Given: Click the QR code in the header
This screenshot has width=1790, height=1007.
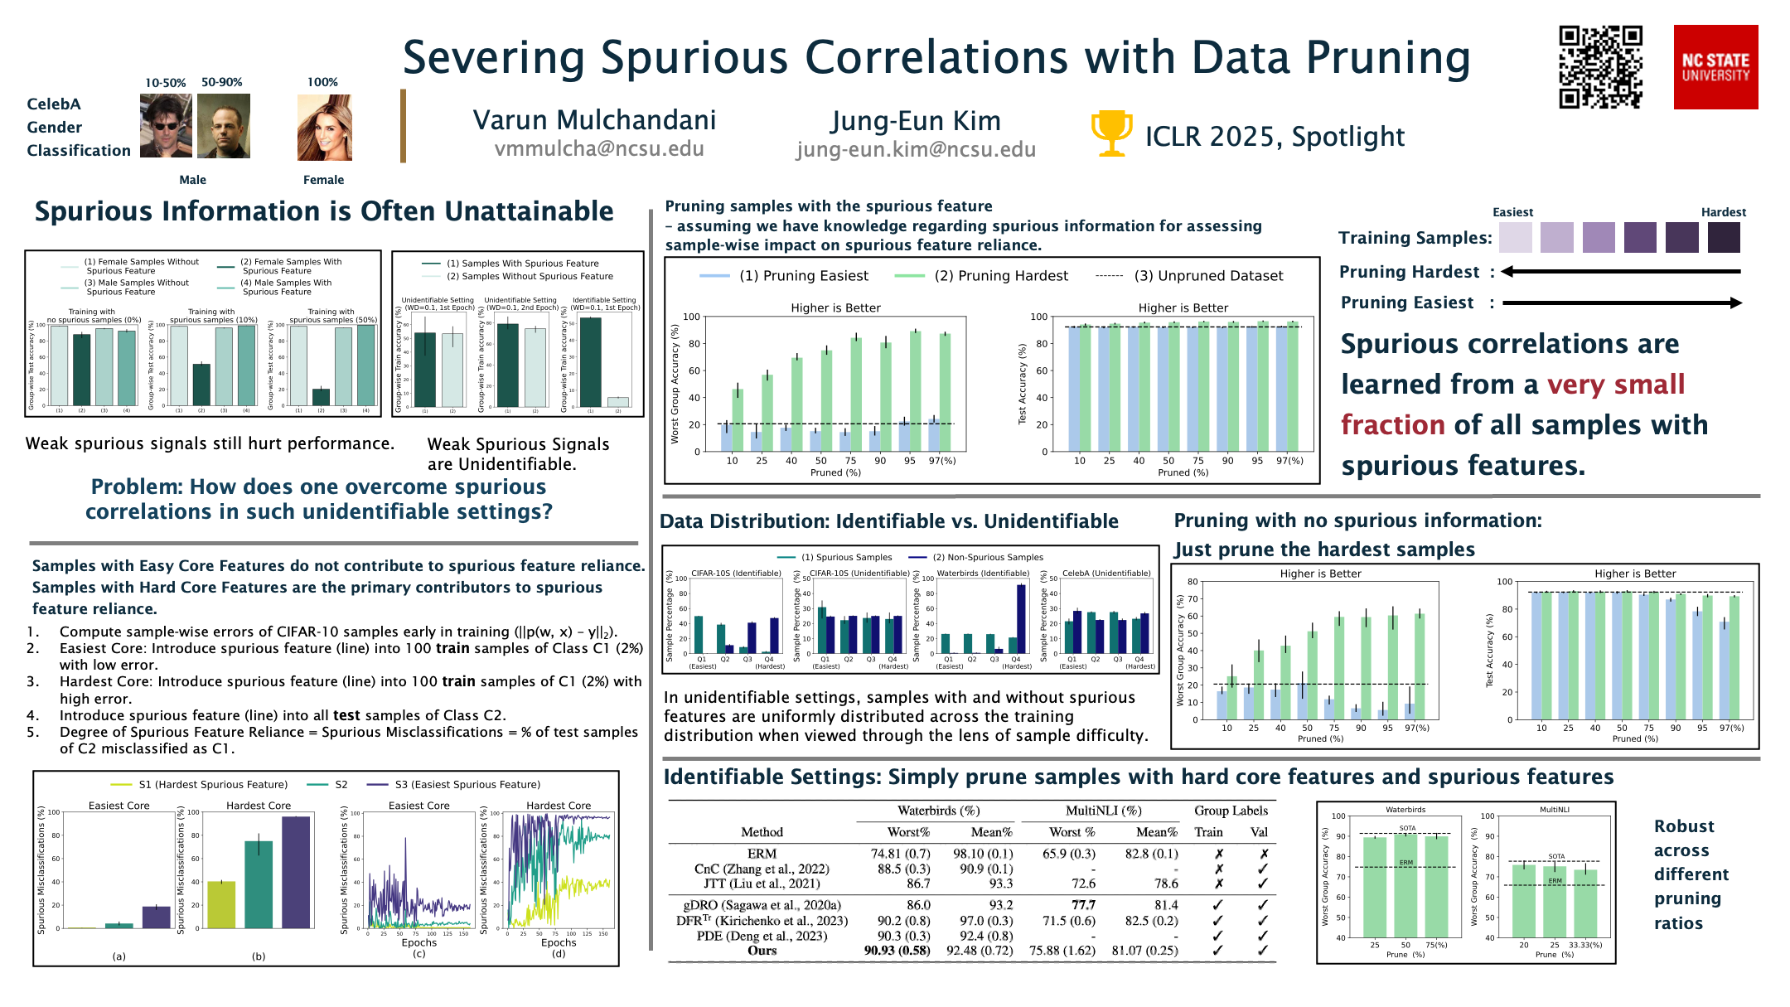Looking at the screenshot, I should click(1600, 67).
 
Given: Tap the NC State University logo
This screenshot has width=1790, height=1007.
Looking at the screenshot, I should click(1715, 67).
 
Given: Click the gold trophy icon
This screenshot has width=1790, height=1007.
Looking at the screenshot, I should click(1111, 133).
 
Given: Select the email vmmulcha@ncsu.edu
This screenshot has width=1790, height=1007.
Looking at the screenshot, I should click(599, 149).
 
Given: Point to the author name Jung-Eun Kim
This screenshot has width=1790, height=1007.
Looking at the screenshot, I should click(916, 121).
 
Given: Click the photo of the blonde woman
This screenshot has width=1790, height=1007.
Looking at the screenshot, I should click(325, 128).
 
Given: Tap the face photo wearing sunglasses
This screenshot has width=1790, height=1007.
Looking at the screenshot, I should click(166, 126).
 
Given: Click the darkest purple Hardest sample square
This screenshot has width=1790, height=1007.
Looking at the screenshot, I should click(1724, 238).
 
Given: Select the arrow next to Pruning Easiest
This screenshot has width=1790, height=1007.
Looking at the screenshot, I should click(1622, 303).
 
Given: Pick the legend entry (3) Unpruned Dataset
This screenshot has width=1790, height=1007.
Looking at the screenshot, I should click(1207, 276).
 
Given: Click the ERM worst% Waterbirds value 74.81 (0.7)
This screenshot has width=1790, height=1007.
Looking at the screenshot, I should click(900, 854).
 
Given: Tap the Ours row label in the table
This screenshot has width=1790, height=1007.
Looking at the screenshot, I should click(762, 951).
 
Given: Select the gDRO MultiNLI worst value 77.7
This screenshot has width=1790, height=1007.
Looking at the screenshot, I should click(1083, 905).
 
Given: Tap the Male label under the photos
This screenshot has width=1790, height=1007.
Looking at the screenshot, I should click(193, 180).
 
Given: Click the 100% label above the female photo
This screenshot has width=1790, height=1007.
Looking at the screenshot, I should click(322, 82).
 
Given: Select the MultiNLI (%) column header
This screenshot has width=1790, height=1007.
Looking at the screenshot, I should click(1103, 811).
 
